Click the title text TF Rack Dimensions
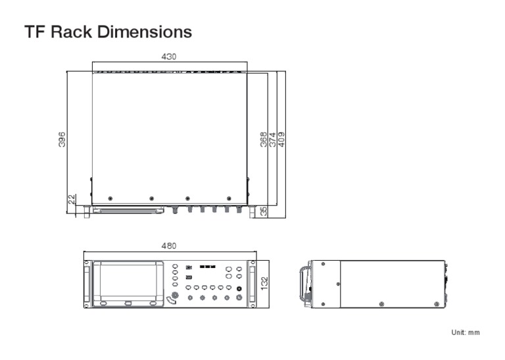pos(108,32)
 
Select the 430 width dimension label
pos(169,57)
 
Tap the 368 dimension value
pos(264,139)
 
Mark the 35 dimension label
pos(263,212)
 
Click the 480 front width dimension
pos(169,246)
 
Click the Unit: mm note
pos(464,332)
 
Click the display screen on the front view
pos(129,280)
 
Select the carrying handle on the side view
pos(304,283)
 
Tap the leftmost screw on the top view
pos(110,198)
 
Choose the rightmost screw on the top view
pos(229,198)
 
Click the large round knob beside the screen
pos(173,299)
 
